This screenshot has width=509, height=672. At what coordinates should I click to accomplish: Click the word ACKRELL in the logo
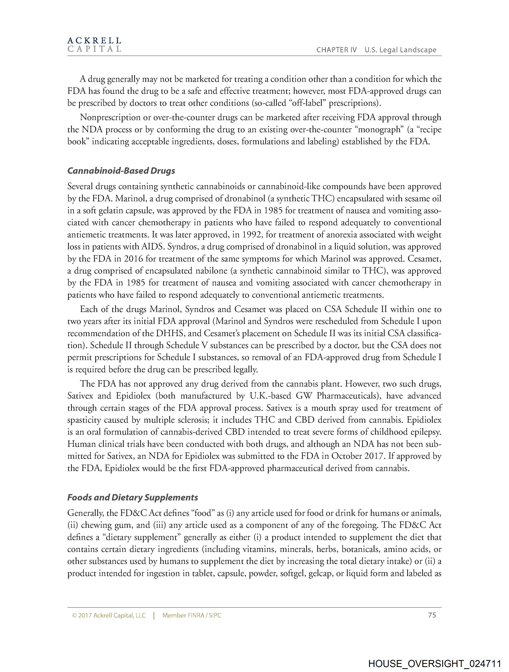[x=94, y=40]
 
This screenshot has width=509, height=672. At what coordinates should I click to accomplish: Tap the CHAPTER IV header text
[x=336, y=50]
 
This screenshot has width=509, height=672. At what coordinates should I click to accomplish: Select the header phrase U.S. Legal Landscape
[x=400, y=50]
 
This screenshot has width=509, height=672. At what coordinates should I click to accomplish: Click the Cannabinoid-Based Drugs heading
[x=121, y=171]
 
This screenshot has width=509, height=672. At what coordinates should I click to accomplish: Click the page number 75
[x=432, y=615]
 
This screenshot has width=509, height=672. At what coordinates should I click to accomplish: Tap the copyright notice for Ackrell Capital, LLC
[x=109, y=616]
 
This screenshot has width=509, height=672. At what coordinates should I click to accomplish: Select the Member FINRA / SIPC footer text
[x=192, y=616]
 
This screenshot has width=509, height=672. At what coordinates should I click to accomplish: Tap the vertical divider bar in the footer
[x=154, y=616]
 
